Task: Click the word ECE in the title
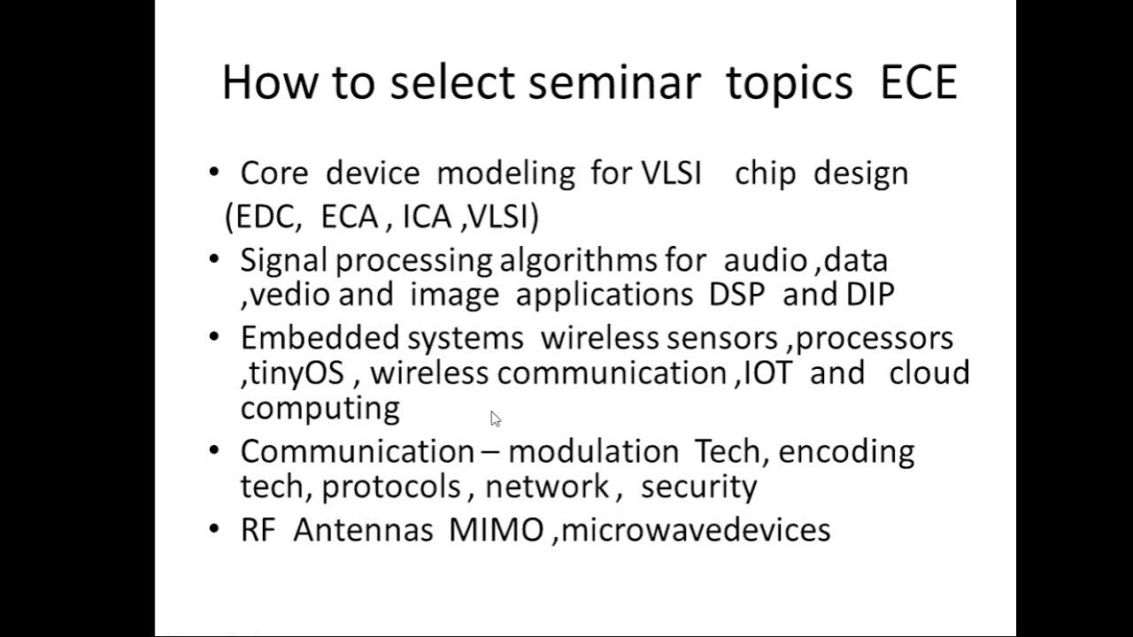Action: (919, 82)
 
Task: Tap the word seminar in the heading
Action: (614, 82)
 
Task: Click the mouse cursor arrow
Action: (496, 419)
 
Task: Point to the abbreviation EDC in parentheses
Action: (268, 217)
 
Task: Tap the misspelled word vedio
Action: (289, 295)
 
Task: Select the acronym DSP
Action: (736, 295)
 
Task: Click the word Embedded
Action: (320, 338)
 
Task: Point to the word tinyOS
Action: (297, 374)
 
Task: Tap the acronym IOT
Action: (768, 372)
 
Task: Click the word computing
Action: (320, 409)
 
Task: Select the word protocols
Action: (391, 487)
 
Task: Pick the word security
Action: (699, 487)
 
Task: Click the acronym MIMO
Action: (497, 530)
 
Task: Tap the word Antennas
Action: (363, 530)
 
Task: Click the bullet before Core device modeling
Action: (214, 172)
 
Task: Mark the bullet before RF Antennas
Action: (214, 529)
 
